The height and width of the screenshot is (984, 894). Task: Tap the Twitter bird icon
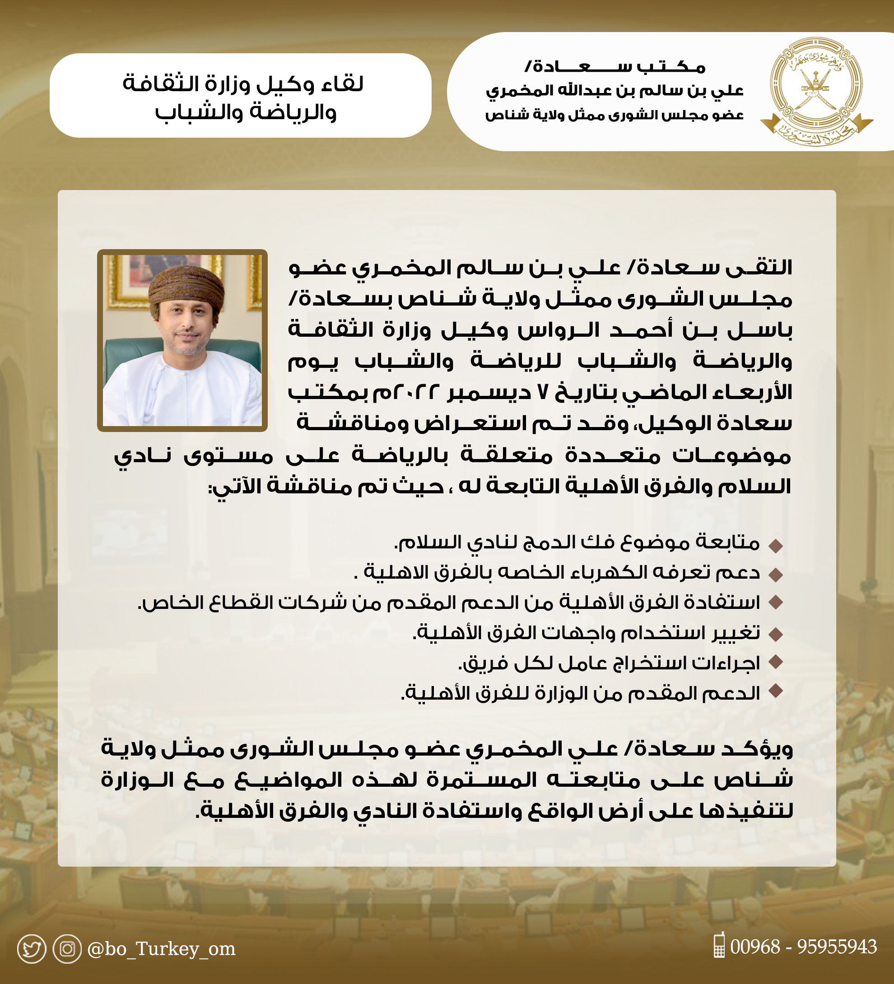(x=32, y=949)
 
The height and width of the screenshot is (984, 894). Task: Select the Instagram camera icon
(x=67, y=948)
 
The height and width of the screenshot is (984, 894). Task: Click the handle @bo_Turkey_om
(x=161, y=949)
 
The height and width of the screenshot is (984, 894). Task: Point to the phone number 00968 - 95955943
(x=803, y=947)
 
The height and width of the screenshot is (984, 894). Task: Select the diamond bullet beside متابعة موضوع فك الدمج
(x=775, y=546)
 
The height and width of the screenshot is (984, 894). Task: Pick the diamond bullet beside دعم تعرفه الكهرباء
(x=775, y=575)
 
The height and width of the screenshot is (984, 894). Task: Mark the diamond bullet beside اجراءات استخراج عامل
(x=775, y=662)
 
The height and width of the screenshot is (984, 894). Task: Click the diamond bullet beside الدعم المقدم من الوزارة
(x=775, y=691)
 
